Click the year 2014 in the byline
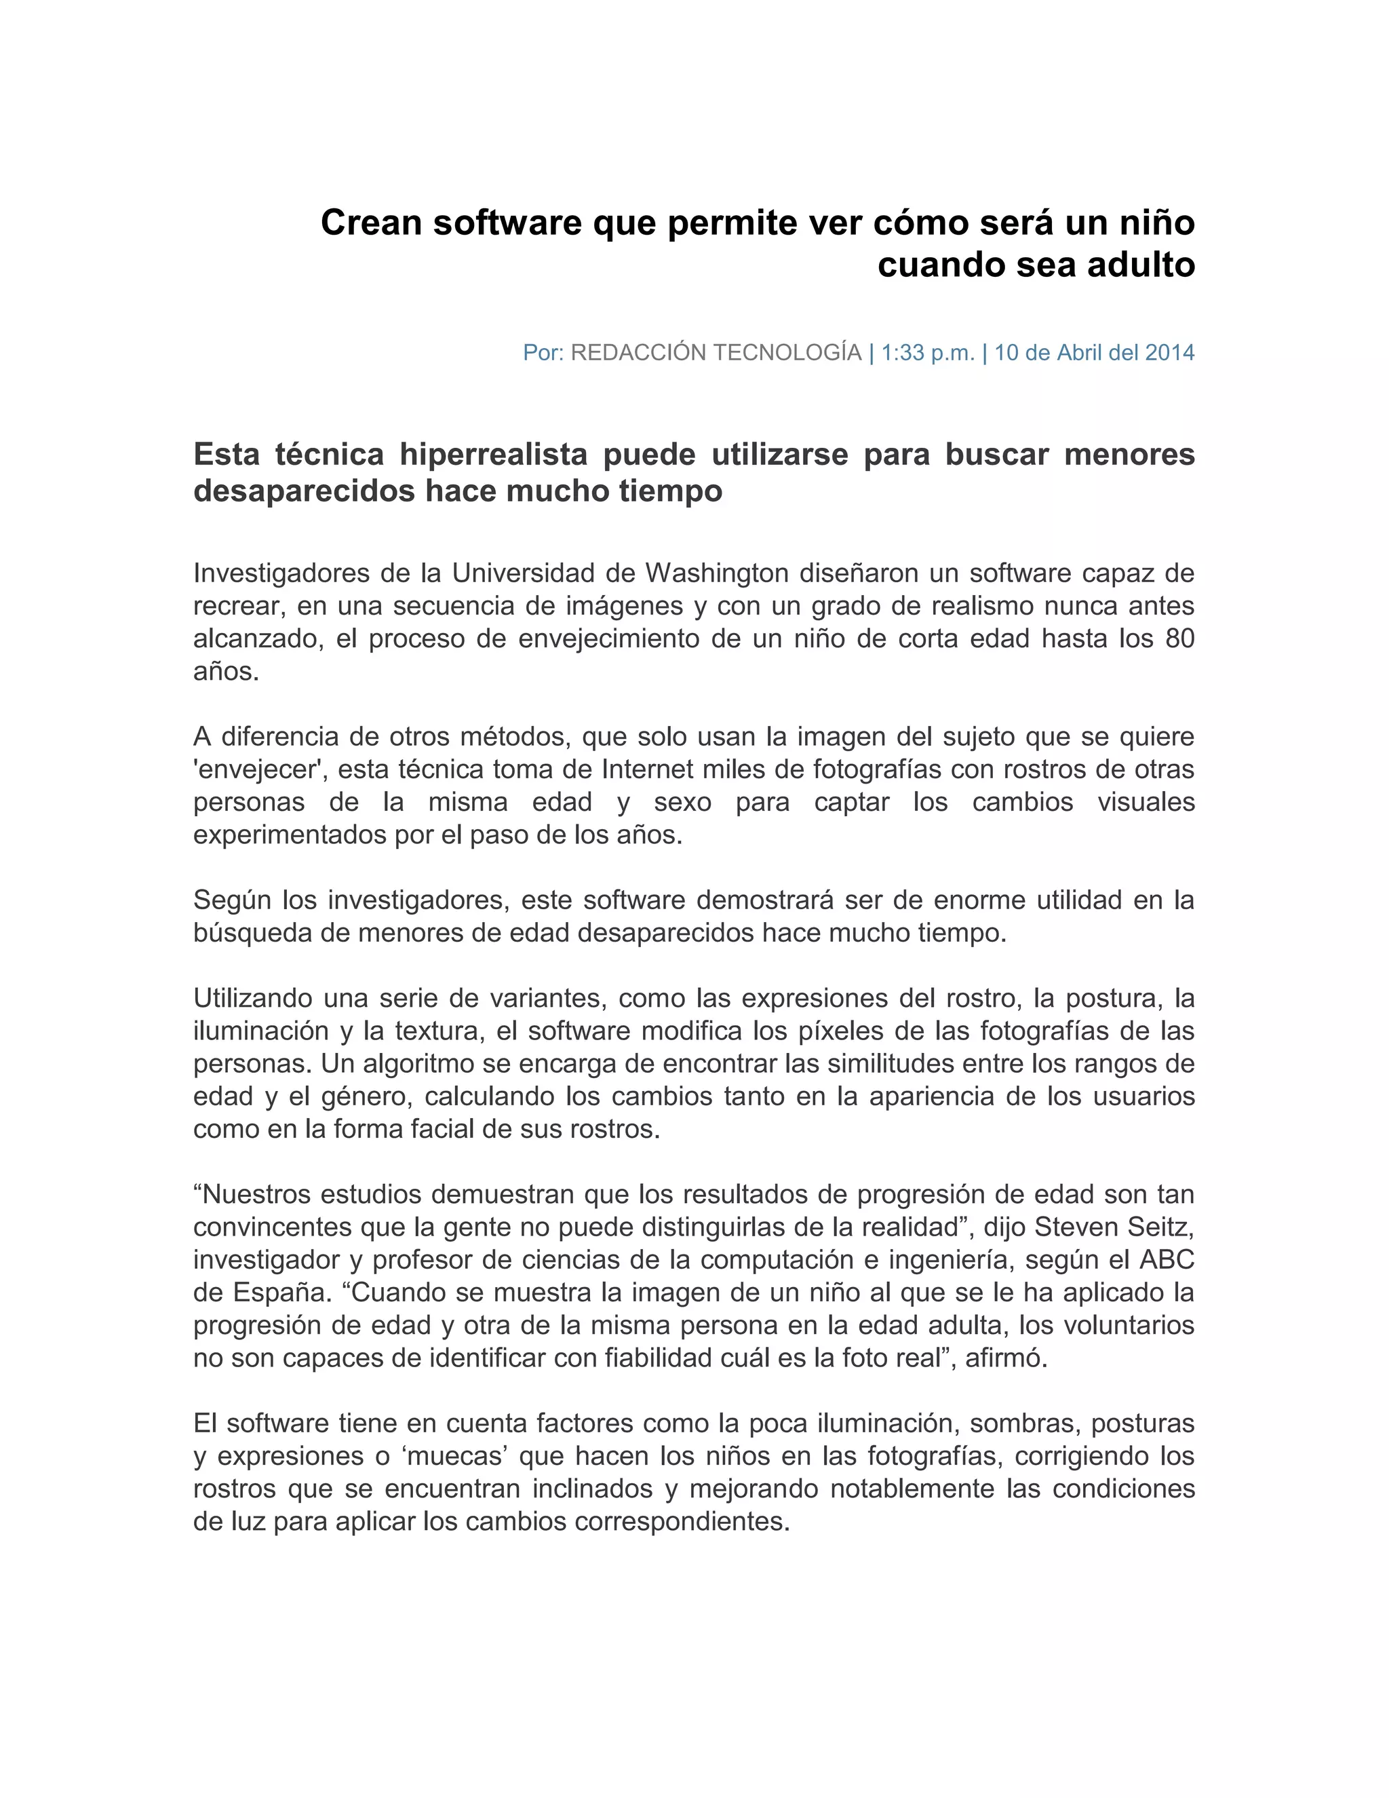coord(1169,353)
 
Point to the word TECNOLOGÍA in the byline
coord(790,353)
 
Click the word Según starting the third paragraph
coord(231,900)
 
